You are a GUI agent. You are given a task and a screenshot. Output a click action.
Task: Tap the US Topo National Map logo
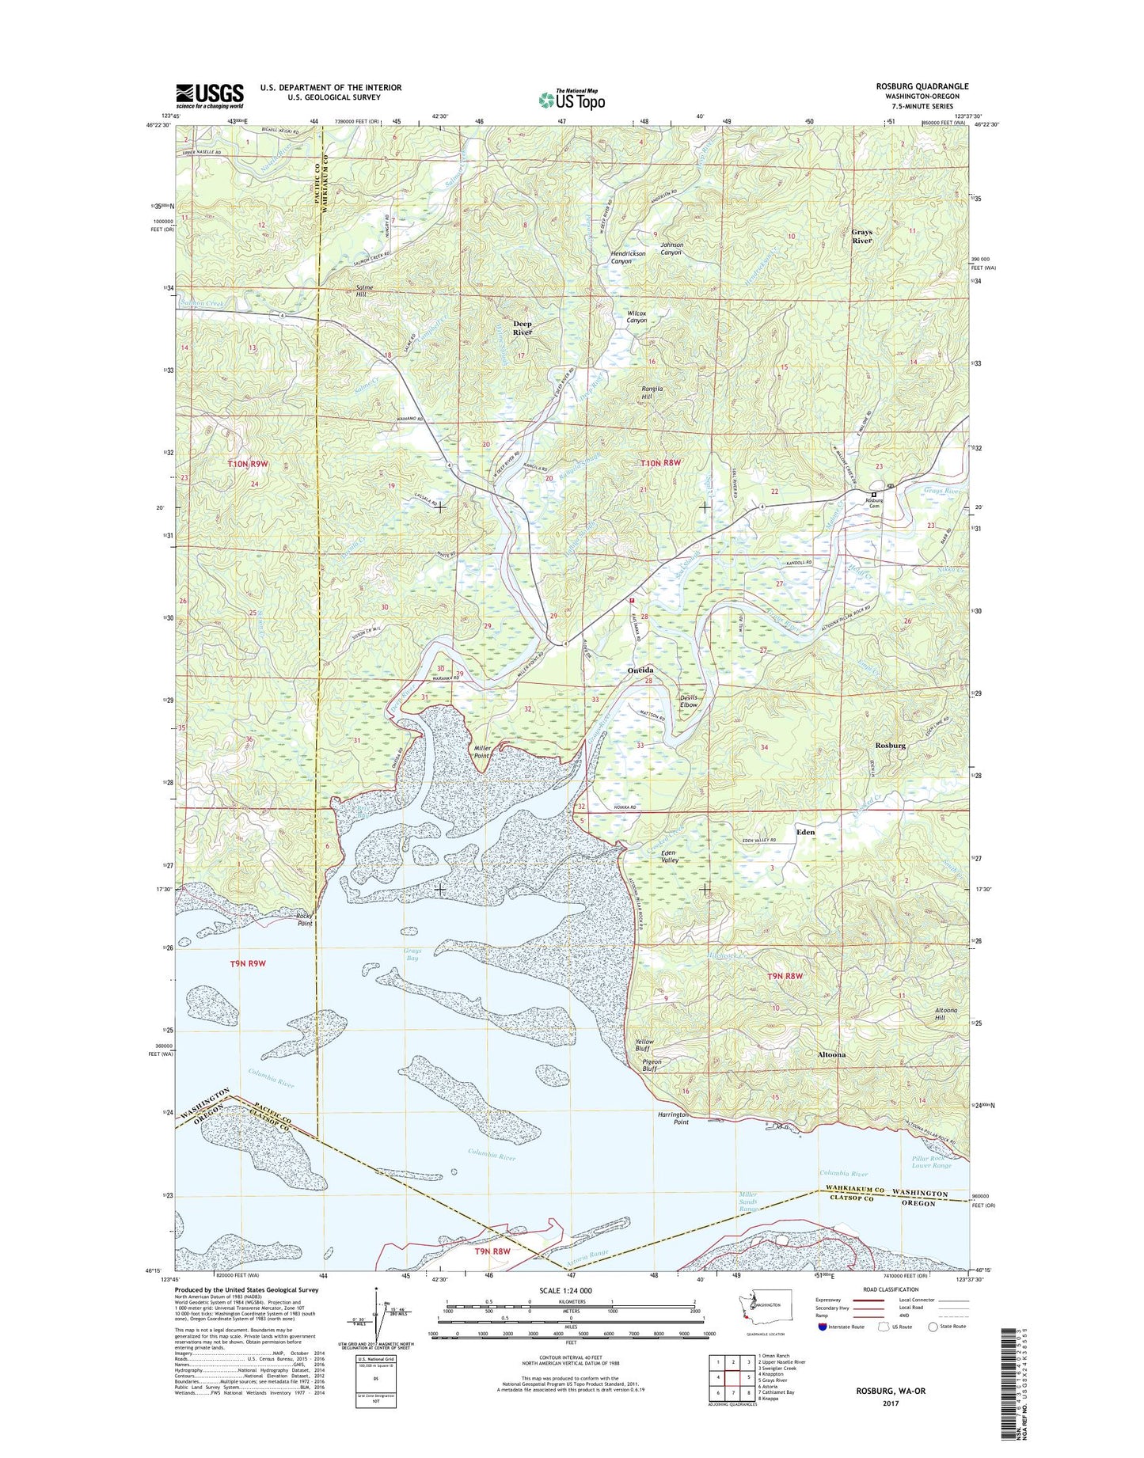572,99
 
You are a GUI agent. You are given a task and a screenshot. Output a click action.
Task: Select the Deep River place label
523,328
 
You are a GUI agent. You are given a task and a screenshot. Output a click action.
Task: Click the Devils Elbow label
689,701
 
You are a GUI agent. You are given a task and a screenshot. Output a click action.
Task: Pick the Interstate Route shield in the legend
823,1326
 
